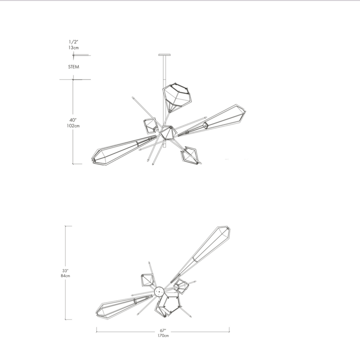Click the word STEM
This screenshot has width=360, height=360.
[73, 67]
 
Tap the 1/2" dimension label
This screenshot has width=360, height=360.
[73, 42]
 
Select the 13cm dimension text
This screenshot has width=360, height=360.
[73, 47]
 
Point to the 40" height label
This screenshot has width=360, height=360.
[73, 120]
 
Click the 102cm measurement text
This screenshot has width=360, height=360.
[73, 126]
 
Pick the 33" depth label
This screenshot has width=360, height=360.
[65, 271]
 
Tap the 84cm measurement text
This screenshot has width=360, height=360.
[65, 276]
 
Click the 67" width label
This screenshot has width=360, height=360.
[163, 331]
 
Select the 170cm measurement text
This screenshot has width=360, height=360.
[163, 336]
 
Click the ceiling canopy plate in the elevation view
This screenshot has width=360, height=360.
[165, 55]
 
